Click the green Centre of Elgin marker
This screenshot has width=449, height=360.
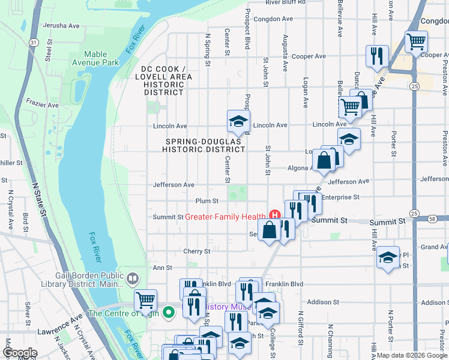(x=169, y=312)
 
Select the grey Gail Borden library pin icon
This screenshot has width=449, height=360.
(x=133, y=278)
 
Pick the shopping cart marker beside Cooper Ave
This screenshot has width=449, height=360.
(x=415, y=42)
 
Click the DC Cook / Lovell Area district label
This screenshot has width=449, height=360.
(x=163, y=80)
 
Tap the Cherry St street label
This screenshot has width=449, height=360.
(x=197, y=251)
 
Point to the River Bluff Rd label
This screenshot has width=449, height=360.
(x=285, y=2)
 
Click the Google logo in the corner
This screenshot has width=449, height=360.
(x=20, y=353)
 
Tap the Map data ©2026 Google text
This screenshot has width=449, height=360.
(x=411, y=355)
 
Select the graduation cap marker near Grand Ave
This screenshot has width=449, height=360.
(x=388, y=257)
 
